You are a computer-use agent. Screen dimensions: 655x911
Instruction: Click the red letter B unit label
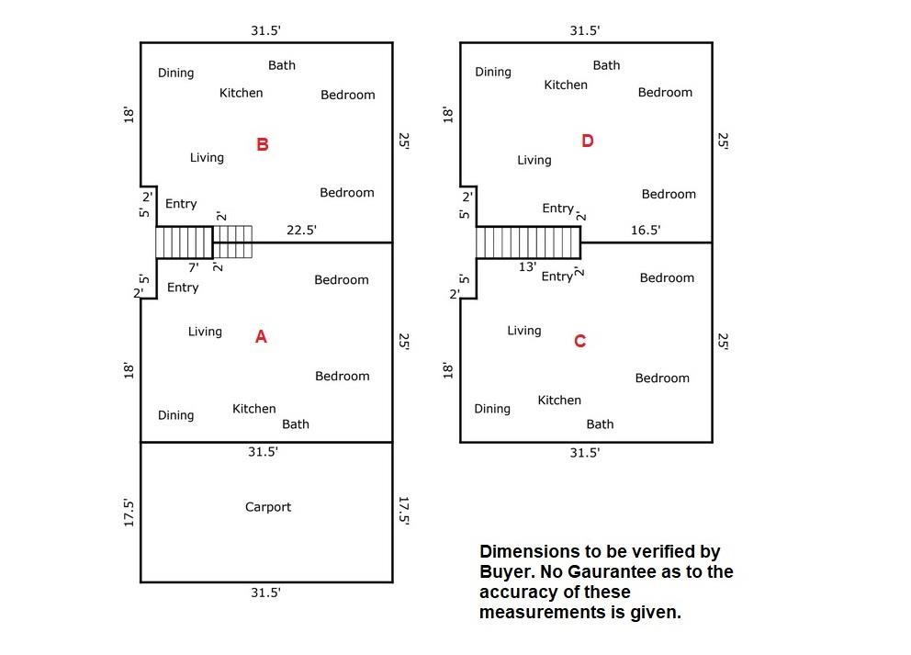263,144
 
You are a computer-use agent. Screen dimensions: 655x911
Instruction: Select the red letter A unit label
261,337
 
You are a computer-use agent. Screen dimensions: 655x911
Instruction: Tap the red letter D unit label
588,141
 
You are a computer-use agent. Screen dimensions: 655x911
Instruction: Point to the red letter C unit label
579,342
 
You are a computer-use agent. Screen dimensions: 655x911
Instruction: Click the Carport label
268,507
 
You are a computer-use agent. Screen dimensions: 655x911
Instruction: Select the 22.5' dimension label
301,231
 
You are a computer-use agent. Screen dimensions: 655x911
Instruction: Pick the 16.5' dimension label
646,231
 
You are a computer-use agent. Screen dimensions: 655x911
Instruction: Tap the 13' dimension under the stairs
527,266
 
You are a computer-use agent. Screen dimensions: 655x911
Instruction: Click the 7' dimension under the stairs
194,267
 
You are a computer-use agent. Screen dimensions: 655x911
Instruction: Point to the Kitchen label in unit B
242,93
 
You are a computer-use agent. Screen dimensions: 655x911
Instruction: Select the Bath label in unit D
606,65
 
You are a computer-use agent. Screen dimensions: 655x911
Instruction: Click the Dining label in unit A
175,415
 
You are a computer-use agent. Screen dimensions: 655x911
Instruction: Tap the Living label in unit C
524,331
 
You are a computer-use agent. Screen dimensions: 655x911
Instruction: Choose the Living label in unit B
207,157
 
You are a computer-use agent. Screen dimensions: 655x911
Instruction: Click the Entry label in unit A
183,288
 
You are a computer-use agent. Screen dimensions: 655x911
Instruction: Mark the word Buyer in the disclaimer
501,572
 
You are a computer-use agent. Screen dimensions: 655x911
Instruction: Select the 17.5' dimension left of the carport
129,513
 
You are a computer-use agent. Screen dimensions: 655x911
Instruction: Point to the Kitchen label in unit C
559,401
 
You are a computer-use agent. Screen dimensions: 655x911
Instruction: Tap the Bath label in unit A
296,424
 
